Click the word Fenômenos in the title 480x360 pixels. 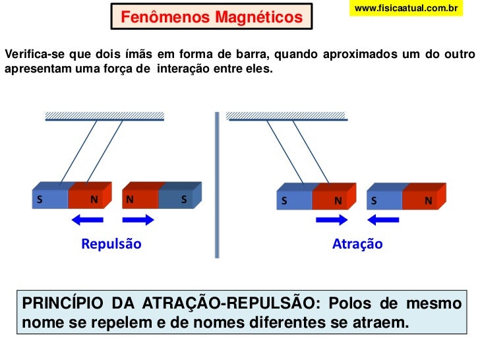click(x=164, y=18)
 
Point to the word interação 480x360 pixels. click(x=183, y=67)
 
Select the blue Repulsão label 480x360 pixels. click(x=111, y=244)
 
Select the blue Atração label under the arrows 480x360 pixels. click(x=357, y=244)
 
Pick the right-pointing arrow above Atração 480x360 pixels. click(x=330, y=220)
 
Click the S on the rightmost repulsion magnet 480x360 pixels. click(x=184, y=198)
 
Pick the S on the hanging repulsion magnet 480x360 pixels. click(x=40, y=198)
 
